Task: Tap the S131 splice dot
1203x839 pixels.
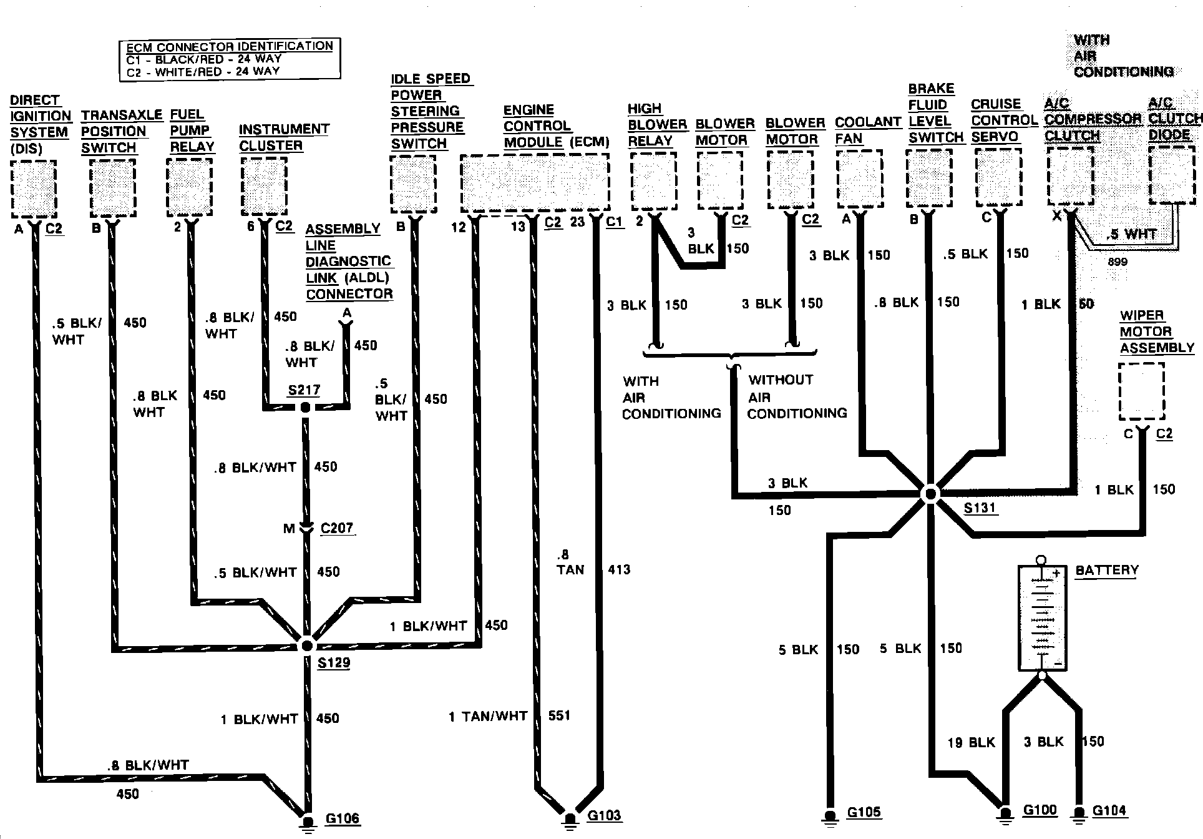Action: tap(930, 494)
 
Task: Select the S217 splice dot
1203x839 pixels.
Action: tap(305, 408)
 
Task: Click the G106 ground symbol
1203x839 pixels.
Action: tap(308, 818)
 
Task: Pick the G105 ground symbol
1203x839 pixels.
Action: tap(829, 815)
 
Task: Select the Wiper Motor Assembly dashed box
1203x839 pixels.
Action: tap(1141, 392)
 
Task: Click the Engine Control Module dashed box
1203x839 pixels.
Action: tap(535, 184)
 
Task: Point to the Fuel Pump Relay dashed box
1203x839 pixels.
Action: tap(190, 187)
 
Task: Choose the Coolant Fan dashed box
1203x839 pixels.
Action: tap(859, 178)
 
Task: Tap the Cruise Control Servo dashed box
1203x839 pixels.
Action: tap(998, 178)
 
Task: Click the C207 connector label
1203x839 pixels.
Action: tap(337, 528)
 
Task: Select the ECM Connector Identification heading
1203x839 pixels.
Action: tap(230, 47)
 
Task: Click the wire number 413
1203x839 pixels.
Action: tap(619, 569)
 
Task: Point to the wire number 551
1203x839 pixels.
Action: tap(559, 715)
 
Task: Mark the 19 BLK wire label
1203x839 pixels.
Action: tap(972, 742)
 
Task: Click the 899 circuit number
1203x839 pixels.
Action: tap(1118, 262)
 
